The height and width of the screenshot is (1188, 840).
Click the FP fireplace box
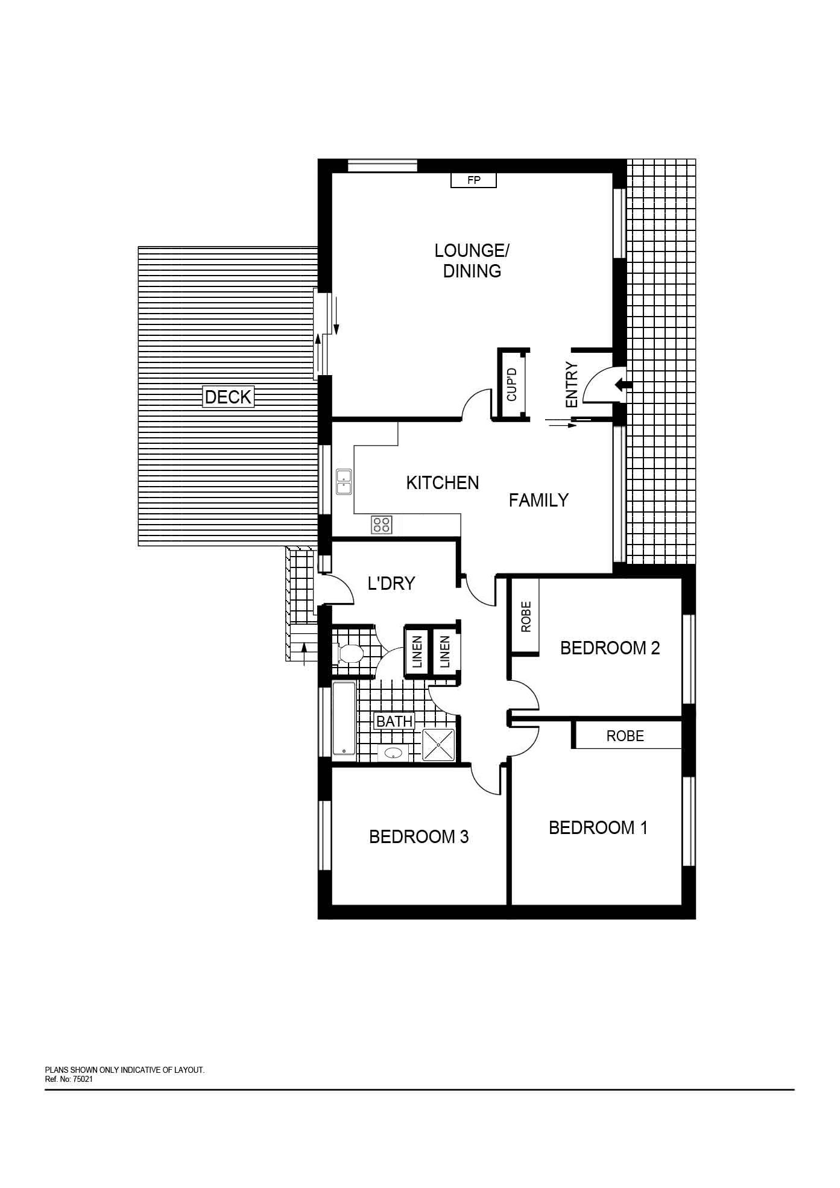click(473, 180)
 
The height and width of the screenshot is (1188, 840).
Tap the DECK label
click(228, 397)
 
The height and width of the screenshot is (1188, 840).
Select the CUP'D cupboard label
click(512, 385)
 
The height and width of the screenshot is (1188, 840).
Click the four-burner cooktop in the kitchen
click(382, 524)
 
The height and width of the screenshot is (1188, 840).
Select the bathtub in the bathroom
click(344, 718)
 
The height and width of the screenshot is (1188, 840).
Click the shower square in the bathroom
click(438, 744)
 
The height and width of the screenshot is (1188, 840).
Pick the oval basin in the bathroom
click(393, 753)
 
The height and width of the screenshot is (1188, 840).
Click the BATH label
click(394, 721)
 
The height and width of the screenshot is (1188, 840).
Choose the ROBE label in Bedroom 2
click(526, 616)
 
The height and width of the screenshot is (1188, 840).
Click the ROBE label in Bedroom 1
click(625, 736)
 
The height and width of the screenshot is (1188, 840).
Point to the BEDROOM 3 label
click(419, 836)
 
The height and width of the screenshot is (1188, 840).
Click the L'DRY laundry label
click(391, 583)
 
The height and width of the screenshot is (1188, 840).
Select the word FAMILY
click(538, 500)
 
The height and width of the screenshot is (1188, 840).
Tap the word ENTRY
click(572, 385)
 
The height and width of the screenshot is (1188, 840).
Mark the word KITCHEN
click(443, 482)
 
